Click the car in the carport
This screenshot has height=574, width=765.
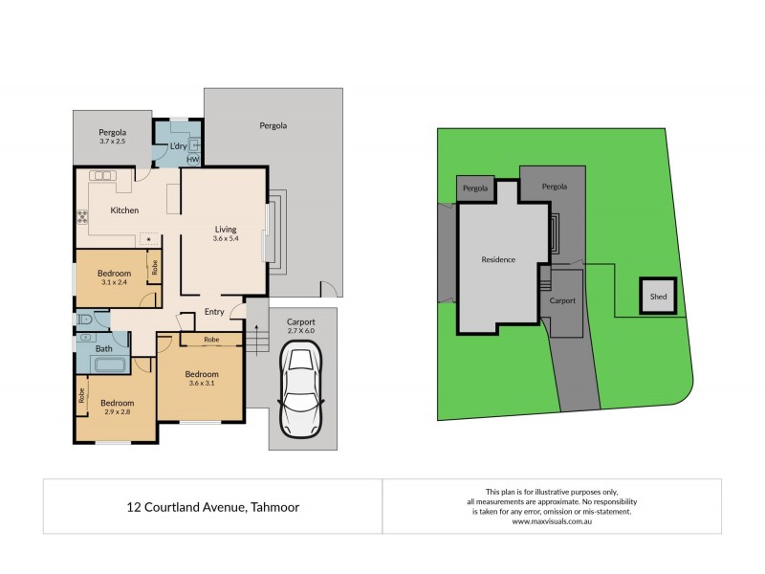[301, 391]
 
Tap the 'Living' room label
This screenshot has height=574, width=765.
[226, 230]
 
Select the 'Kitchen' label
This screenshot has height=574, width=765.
[124, 210]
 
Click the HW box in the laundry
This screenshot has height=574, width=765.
[193, 160]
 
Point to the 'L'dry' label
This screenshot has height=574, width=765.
[178, 145]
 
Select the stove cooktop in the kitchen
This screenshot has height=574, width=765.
[82, 217]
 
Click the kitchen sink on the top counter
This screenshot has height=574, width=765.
[102, 176]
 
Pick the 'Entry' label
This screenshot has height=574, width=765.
[215, 312]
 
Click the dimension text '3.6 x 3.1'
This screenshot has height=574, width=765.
[202, 385]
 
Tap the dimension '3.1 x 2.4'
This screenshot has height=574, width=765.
[114, 282]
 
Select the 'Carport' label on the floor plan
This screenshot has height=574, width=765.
[301, 322]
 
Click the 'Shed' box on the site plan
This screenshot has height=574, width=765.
[658, 297]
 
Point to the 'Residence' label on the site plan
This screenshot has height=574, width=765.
[497, 259]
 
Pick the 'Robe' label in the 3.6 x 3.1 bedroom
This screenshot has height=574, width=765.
[210, 340]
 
